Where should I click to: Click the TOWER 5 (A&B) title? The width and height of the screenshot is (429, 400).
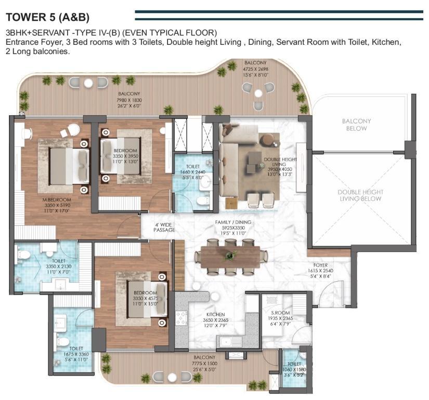pos(48,17)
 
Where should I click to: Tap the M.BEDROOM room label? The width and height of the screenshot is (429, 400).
pos(57,199)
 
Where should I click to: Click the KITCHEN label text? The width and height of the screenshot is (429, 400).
pos(216,315)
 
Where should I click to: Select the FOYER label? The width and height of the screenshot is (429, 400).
pos(320,265)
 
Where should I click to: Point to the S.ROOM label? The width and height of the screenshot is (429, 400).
pos(280,313)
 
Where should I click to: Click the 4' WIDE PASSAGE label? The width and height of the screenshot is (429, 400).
pos(164,228)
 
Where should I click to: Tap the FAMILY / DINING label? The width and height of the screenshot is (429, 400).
pos(233,222)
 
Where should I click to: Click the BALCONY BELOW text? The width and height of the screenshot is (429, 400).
pos(357,124)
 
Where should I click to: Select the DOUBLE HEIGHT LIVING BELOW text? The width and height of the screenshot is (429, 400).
pos(360,195)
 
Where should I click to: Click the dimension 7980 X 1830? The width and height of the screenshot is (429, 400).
pos(129,100)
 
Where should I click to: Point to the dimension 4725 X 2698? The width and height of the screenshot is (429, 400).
pos(255,69)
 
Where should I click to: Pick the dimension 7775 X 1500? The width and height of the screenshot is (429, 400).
pos(205,364)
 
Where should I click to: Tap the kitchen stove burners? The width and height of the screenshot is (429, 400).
pos(181,318)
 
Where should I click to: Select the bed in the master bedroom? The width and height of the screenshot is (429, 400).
pos(69,166)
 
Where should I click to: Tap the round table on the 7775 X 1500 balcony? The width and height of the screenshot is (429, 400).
pos(172,377)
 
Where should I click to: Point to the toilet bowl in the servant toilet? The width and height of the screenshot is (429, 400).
pos(303,355)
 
